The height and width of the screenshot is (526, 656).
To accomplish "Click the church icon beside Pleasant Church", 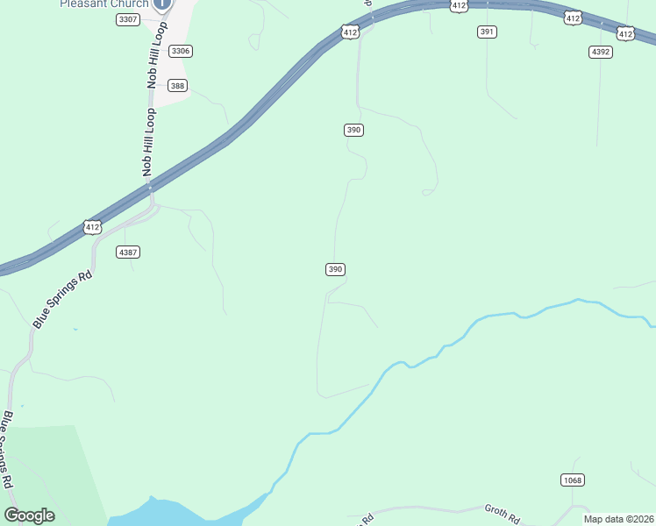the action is coord(162,4).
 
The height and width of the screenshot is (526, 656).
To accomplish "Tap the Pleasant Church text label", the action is coord(103,4).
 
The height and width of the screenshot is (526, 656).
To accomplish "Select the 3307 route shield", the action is coord(127,19).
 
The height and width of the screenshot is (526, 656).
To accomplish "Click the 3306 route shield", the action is coord(181,51).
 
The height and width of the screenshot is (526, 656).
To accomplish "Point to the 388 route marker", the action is coord(178,85).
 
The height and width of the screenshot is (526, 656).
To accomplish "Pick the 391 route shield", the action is coord(488,32).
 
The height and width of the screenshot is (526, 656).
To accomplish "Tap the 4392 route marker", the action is coord(601,52).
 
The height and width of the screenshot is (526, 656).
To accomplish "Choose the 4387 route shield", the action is coord(128,252).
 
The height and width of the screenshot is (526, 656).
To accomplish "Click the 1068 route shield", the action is coord(573,480).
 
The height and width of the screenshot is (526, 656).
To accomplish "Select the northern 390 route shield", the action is coord(353,130).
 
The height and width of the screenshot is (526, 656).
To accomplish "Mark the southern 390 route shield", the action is coord(335,269).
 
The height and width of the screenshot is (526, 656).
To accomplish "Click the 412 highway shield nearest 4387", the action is coord(92,227).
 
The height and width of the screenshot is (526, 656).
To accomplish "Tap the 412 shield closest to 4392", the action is coord(625,33).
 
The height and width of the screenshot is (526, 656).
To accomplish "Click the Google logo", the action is coord(30,515).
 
